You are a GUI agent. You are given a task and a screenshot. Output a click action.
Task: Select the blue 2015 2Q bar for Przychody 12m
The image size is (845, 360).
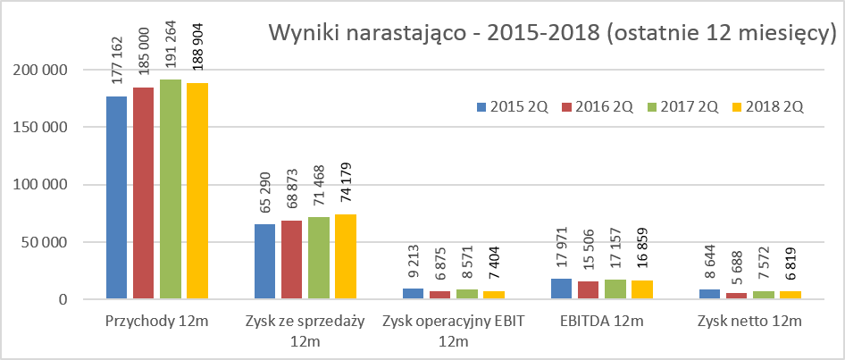coord(116,197)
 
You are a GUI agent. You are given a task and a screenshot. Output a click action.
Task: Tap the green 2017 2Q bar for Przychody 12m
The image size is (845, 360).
coord(171,189)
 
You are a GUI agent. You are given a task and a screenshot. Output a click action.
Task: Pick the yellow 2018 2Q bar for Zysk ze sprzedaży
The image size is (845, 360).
coord(346,256)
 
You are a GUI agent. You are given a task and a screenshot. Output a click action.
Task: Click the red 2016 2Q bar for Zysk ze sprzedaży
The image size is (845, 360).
coord(291,260)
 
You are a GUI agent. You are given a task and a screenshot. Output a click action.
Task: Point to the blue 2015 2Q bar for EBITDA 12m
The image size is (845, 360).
coord(561,289)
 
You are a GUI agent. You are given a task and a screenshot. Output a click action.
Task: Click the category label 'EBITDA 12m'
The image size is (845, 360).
coord(602,322)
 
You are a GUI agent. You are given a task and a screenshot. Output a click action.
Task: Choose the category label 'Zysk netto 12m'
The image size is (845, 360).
coord(749,322)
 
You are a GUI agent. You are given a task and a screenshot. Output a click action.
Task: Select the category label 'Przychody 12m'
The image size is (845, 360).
coord(157,322)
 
